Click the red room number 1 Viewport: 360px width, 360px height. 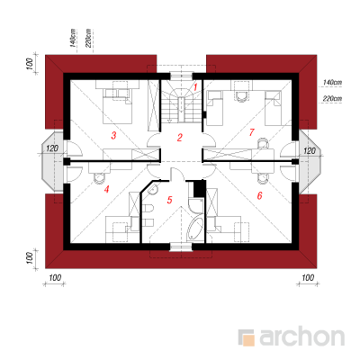point(195,87)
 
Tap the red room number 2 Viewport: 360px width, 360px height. point(180,138)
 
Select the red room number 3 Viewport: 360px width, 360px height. point(113,136)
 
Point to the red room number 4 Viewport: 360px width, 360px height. point(106,189)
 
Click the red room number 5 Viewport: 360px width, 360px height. point(170,200)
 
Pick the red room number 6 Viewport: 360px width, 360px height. point(259,196)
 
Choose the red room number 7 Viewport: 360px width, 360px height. point(251,132)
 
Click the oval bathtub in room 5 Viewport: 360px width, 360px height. point(195,229)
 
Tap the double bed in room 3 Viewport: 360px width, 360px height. point(118,106)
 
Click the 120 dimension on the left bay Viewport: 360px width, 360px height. point(51,148)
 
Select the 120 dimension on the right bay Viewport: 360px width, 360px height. point(310,150)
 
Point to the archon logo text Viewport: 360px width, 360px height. point(301,338)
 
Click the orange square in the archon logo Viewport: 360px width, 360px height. point(248,340)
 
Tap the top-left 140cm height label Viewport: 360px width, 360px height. point(72,39)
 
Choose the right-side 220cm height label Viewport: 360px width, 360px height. point(332,98)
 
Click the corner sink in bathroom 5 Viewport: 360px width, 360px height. point(153,189)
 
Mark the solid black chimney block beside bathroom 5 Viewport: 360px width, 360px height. point(199,188)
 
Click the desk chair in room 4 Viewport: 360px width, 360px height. point(98,178)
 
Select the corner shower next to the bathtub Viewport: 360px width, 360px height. point(196,205)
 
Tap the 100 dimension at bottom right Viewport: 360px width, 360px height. point(308,278)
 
